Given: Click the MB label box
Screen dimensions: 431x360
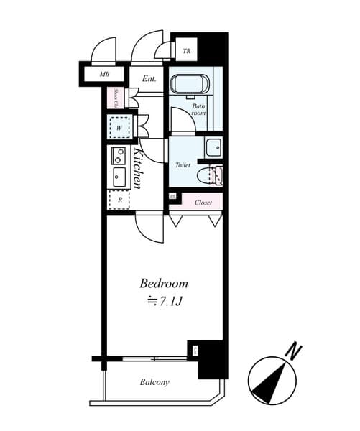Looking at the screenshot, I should (103, 74).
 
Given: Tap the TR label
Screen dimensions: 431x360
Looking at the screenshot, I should (186, 51).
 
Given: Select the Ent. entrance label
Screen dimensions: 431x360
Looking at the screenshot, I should (149, 78).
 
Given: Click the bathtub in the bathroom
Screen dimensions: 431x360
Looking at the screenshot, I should (190, 83).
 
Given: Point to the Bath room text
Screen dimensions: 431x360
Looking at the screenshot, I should (198, 110).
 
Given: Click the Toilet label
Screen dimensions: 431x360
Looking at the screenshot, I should (183, 164).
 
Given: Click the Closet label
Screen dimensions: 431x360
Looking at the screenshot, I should (203, 203).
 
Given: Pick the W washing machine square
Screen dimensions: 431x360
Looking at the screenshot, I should (119, 128).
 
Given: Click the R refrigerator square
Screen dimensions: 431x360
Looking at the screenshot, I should (119, 201).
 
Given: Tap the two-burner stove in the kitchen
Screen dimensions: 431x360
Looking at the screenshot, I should (119, 155).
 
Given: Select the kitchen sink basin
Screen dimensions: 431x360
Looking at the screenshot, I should (119, 177).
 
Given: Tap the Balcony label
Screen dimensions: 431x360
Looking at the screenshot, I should (154, 382).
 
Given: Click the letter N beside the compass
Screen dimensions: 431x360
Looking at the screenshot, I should (292, 351).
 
